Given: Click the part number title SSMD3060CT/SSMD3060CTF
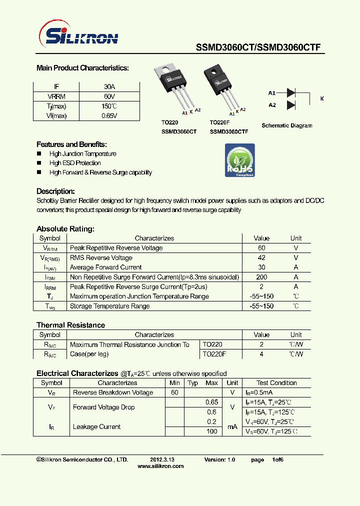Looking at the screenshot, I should coord(257,48).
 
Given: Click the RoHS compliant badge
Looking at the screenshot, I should coord(240,160).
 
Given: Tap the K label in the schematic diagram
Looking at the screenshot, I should coord(322,99).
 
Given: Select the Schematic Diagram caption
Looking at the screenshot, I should coord(287,125).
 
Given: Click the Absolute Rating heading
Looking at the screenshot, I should coord(65,229).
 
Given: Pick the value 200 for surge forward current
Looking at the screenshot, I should coord(261,277).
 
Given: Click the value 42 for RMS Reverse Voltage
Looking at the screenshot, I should coord(261,258).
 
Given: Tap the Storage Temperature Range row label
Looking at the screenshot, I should coord(109,306).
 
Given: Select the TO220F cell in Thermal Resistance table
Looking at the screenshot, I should coord(214,354).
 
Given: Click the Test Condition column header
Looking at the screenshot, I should coord(276,383).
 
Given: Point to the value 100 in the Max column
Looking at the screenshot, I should coord(212,431).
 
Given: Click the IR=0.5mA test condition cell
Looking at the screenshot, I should coord(258,392).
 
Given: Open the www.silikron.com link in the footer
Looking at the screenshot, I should coord(160,466).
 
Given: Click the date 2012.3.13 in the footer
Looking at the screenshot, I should coord(161,459).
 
